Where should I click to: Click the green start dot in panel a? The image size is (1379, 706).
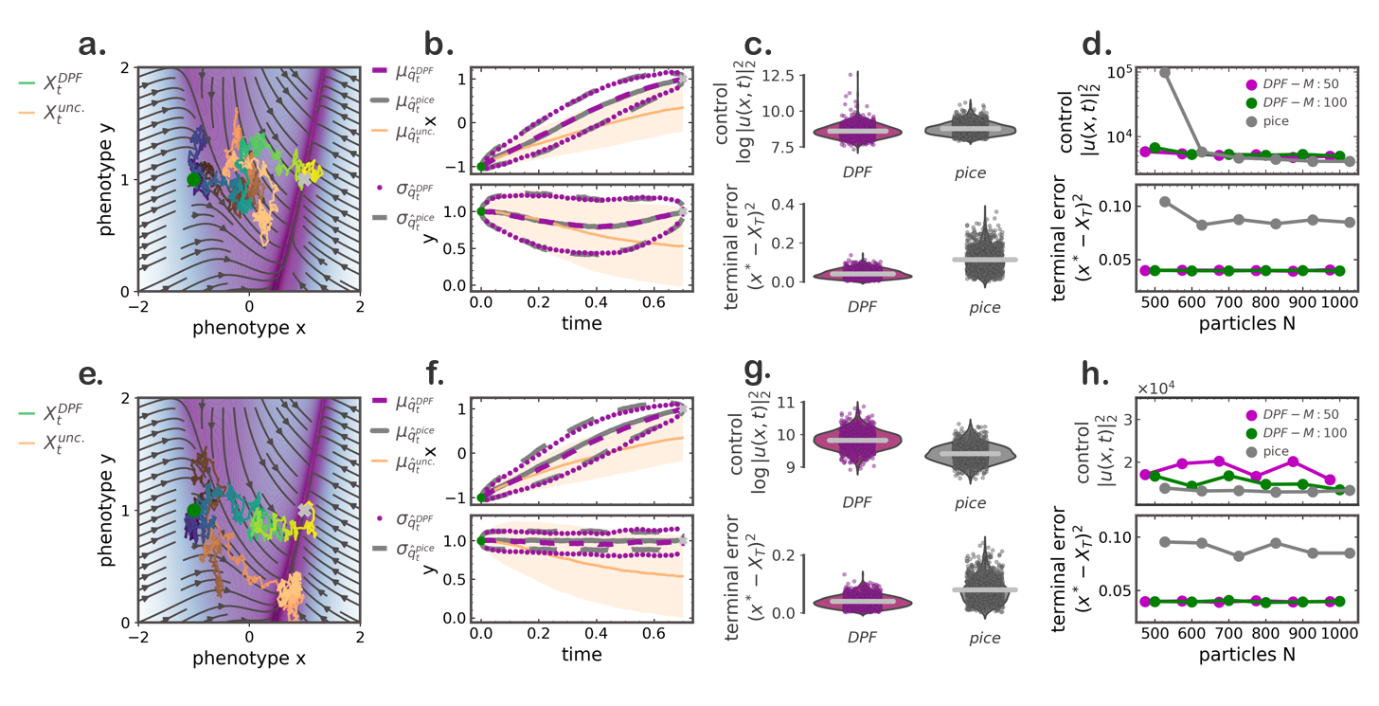pos(194,179)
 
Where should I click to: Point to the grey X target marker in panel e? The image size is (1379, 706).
pos(303,510)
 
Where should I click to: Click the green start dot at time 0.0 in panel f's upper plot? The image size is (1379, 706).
pos(481,498)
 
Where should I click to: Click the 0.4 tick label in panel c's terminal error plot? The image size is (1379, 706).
pos(784,205)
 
